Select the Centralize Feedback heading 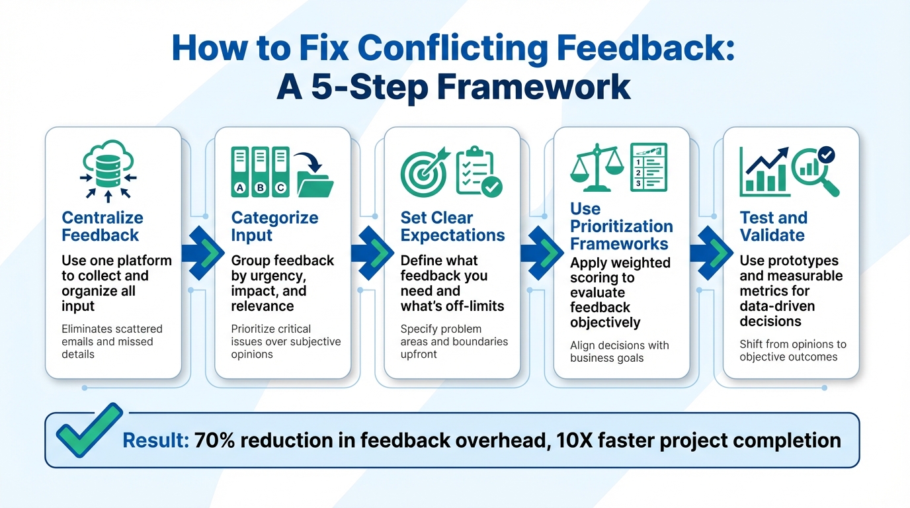click(102, 226)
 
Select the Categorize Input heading click(274, 226)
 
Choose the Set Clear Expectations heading click(452, 226)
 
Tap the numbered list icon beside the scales click(648, 167)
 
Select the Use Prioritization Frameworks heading click(621, 226)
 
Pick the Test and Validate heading click(773, 226)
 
